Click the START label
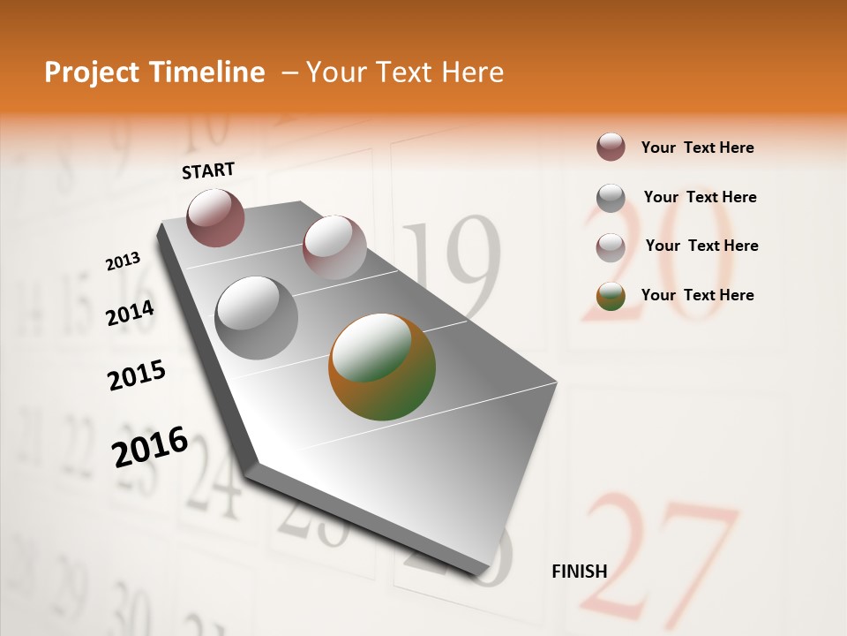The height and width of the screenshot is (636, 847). [208, 170]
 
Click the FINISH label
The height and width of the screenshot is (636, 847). [580, 571]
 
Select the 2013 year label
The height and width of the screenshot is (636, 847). [124, 261]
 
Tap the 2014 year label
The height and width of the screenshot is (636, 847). [131, 313]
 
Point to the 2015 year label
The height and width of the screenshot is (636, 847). [137, 375]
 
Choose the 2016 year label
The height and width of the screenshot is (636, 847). [150, 446]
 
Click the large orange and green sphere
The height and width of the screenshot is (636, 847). [382, 367]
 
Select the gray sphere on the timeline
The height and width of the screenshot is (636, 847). [257, 318]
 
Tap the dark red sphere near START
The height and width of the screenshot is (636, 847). [216, 217]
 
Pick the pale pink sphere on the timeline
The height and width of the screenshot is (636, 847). [334, 247]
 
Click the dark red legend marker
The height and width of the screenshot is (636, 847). [611, 148]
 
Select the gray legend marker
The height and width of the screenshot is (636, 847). [611, 198]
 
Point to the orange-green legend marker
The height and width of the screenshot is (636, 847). [611, 296]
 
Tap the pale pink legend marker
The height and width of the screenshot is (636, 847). [611, 246]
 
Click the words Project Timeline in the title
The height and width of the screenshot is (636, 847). [154, 72]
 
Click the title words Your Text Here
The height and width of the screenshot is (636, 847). [405, 72]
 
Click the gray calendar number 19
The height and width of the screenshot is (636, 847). [452, 269]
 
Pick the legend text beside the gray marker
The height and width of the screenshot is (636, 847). [700, 197]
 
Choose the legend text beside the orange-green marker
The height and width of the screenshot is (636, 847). [697, 295]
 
